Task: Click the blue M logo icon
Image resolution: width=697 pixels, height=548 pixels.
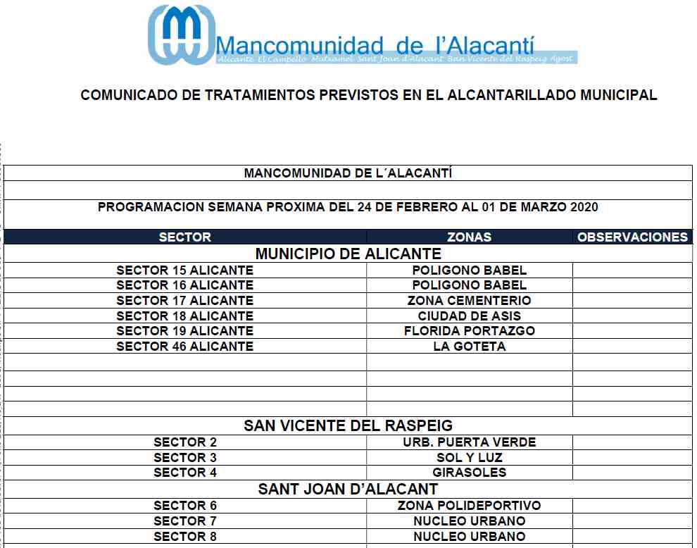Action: [180, 35]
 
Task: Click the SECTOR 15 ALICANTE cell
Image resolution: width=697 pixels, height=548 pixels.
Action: [184, 270]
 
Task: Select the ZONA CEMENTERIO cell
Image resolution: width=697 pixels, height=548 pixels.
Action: [469, 301]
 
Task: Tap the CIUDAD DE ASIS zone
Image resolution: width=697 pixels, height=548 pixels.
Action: [469, 316]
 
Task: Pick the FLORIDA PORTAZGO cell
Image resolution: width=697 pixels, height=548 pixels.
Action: [469, 331]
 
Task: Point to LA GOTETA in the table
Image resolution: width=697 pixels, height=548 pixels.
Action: [469, 347]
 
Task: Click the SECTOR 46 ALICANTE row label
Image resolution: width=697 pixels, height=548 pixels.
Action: [184, 347]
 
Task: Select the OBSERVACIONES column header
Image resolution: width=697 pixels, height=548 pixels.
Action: [632, 237]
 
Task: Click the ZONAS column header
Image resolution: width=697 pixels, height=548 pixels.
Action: [469, 237]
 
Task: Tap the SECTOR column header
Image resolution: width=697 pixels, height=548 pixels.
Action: [184, 237]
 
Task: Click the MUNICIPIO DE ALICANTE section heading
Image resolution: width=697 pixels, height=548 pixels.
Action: [348, 254]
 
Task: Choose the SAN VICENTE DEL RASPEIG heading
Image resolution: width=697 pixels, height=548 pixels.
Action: [348, 425]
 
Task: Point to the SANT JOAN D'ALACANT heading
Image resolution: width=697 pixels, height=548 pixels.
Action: [348, 489]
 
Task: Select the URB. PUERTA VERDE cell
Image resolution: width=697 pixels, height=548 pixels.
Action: [469, 442]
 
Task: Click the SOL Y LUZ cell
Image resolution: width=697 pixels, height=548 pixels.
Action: [469, 458]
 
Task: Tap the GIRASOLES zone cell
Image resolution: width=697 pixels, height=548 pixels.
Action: [469, 473]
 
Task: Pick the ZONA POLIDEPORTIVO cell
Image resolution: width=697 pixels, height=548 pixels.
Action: [469, 506]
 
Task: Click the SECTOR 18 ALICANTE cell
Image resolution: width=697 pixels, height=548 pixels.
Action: [184, 316]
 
